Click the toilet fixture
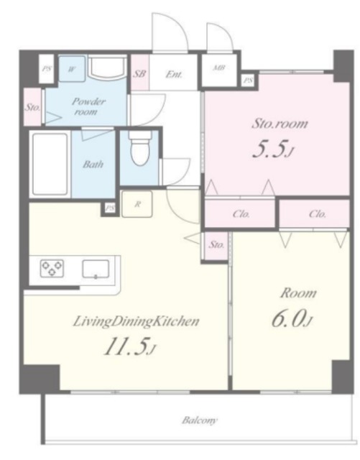(141, 149)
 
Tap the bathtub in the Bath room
(50, 164)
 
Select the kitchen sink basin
(96, 269)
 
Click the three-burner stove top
(52, 268)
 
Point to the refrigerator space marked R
(137, 204)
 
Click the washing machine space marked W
(72, 69)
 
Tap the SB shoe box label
(139, 73)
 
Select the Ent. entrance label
(174, 74)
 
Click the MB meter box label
(218, 68)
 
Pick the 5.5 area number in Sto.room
(272, 149)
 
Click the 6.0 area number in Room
(291, 318)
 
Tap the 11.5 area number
(130, 346)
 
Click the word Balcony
(200, 420)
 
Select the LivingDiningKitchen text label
(136, 321)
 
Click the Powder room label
(88, 106)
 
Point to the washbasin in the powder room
(107, 68)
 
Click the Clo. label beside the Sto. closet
(241, 214)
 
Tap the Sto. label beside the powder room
(32, 107)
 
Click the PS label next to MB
(249, 80)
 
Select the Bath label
(93, 164)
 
